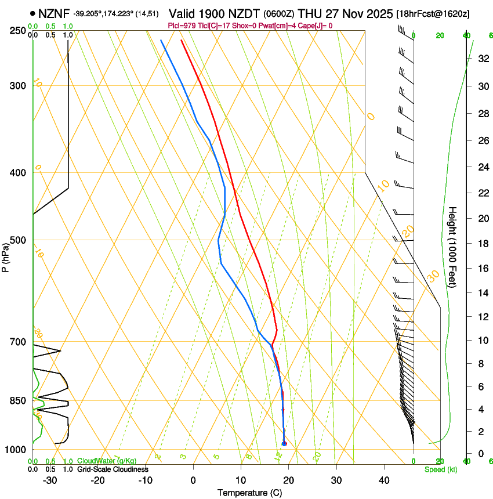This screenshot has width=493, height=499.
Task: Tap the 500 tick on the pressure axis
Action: click(18, 240)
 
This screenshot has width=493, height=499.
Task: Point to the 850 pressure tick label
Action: click(18, 401)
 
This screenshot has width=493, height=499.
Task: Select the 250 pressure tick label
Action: click(18, 31)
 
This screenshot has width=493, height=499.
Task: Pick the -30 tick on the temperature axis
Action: click(50, 480)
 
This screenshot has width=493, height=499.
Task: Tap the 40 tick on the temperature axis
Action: click(384, 480)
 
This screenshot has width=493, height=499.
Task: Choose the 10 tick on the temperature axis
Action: click(241, 480)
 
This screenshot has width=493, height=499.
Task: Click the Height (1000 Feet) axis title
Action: click(453, 247)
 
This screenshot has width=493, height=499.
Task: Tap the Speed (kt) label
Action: click(441, 469)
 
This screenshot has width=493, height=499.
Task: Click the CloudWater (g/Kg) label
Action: click(107, 461)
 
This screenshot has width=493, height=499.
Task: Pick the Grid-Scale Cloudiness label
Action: click(113, 469)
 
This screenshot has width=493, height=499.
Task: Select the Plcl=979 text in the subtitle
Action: click(181, 26)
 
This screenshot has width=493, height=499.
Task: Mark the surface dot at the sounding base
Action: click(284, 444)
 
